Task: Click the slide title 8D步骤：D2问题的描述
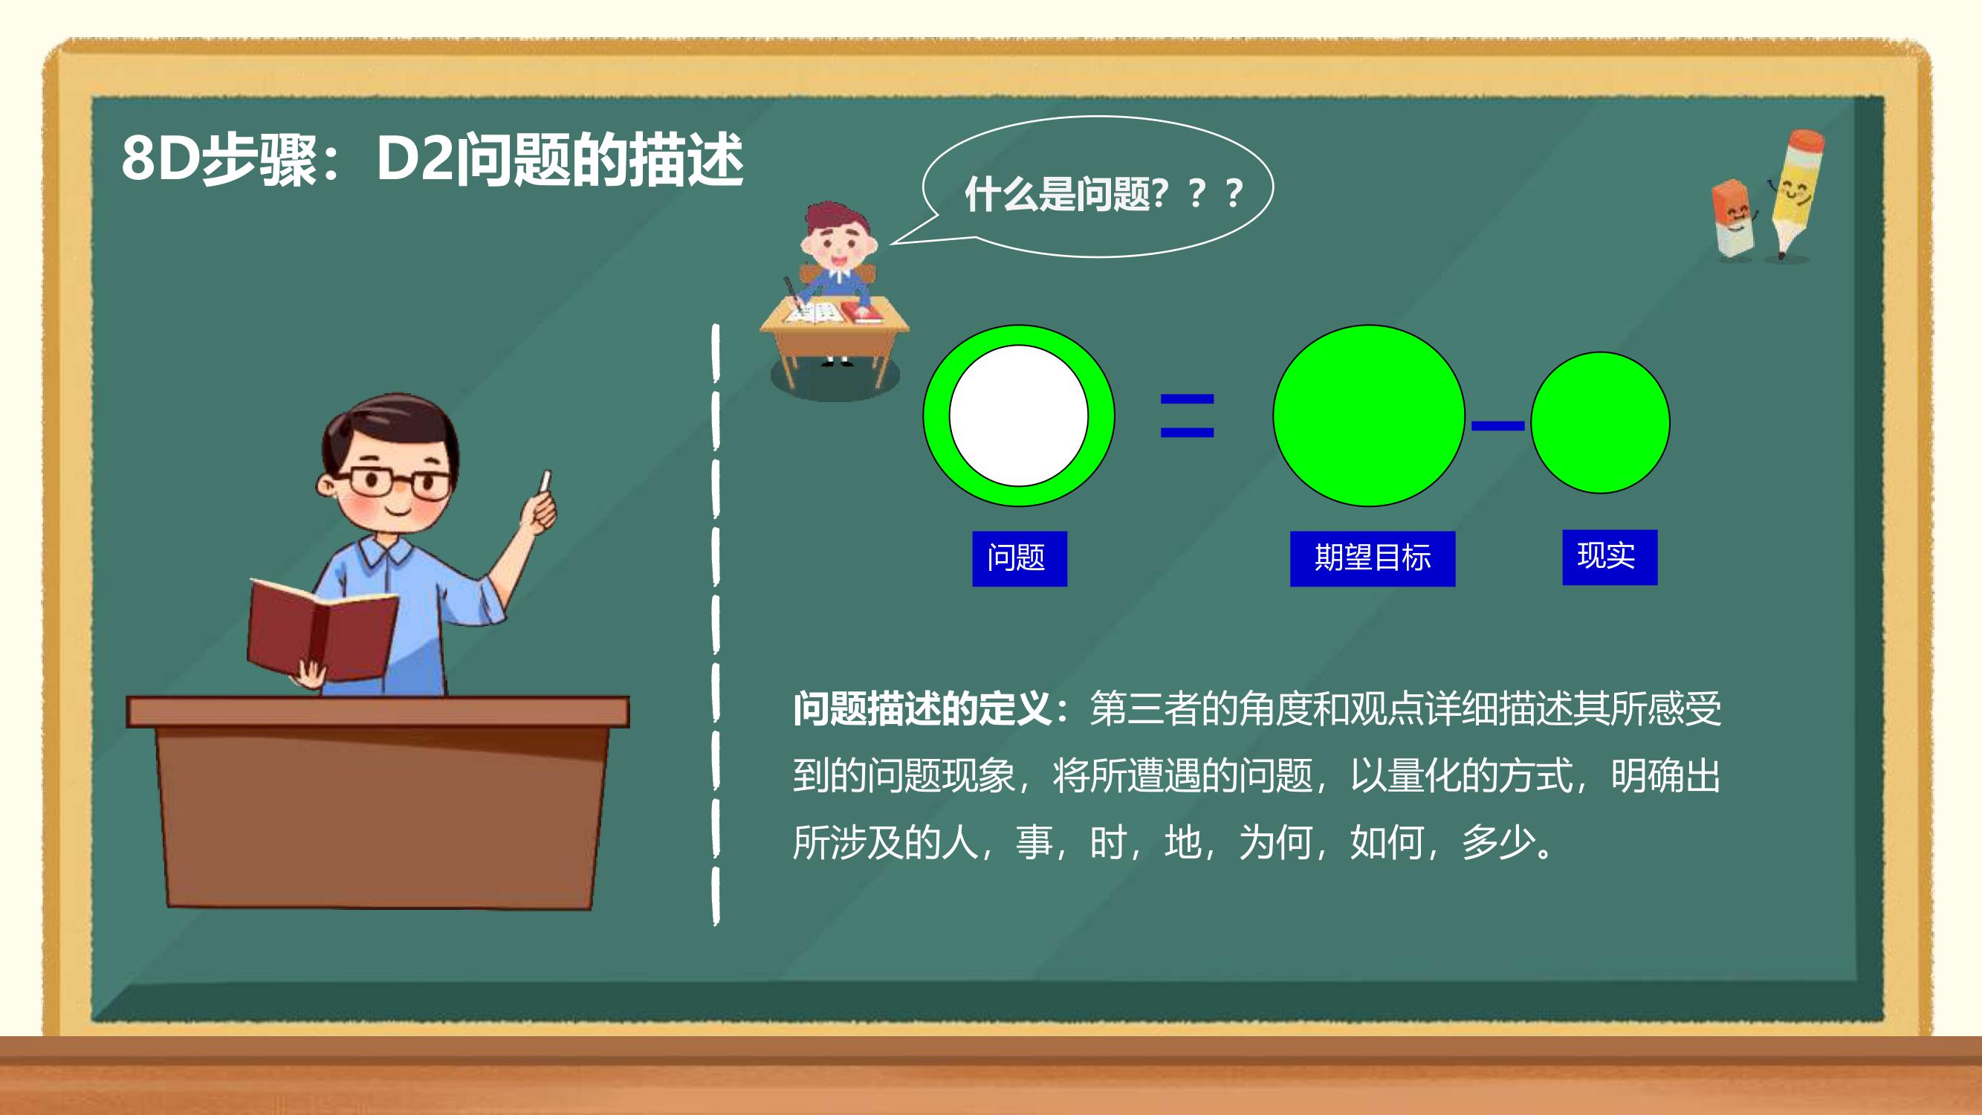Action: coord(433,159)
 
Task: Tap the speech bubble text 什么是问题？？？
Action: coord(1104,193)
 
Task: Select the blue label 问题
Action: coord(1020,559)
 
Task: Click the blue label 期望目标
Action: coord(1373,559)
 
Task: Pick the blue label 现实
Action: coord(1610,557)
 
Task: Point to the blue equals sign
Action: coord(1188,416)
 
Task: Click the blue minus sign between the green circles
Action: coord(1497,425)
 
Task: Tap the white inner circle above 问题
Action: coord(1019,416)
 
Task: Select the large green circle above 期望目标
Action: coord(1369,416)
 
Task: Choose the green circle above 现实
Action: coord(1600,422)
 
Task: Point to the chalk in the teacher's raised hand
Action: coord(546,482)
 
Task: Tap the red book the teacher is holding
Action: coord(323,630)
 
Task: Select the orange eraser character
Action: coord(1733,219)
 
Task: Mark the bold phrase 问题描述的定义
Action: coord(922,708)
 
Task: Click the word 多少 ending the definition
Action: coord(1497,843)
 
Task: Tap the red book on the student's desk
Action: coord(860,311)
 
